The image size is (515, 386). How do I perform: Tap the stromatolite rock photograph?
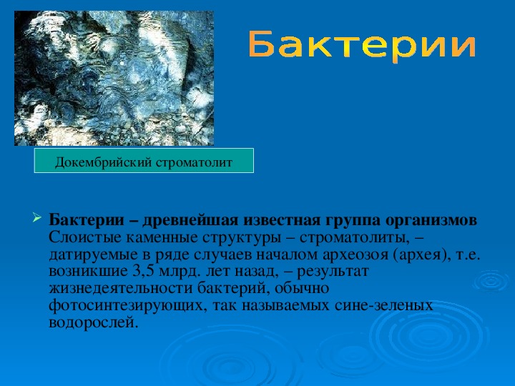pyautogui.click(x=114, y=78)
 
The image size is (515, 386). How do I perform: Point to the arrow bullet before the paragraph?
pyautogui.click(x=36, y=217)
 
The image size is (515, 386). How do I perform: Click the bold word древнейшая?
pyautogui.click(x=190, y=220)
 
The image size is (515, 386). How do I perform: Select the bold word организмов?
pyautogui.click(x=431, y=220)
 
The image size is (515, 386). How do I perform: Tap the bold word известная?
pyautogui.click(x=282, y=221)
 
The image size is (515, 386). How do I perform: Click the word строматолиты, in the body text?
pyautogui.click(x=354, y=238)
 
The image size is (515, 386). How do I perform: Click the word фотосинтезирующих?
pyautogui.click(x=128, y=306)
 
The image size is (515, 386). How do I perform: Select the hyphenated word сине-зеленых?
pyautogui.click(x=383, y=306)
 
